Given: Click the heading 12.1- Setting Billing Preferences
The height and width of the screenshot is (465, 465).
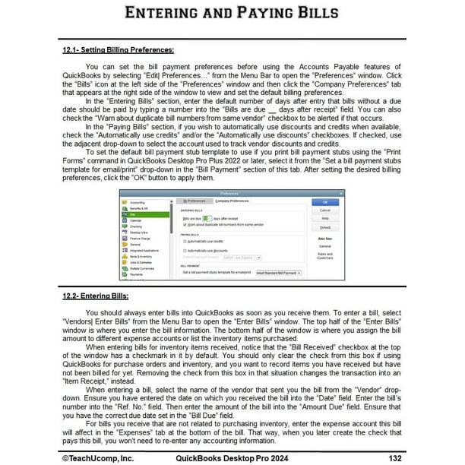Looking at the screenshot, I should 118,50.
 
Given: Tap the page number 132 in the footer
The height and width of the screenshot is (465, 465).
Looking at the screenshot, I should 394,457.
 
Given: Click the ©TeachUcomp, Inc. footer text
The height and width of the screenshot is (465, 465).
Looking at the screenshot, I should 98,457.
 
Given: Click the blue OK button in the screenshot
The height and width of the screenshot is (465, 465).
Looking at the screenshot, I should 324,202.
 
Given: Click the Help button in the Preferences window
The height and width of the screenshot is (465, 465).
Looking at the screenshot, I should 324,218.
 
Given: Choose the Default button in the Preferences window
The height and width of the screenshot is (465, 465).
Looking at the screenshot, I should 324,227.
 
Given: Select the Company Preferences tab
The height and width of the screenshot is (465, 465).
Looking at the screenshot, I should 232,201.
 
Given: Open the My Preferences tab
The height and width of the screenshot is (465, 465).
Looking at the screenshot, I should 196,201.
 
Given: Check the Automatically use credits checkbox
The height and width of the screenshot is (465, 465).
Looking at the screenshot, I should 185,242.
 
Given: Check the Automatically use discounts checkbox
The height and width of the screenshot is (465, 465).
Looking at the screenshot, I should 185,250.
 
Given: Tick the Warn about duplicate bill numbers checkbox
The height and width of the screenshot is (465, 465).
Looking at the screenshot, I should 185,224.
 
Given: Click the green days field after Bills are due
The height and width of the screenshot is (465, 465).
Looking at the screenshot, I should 206,218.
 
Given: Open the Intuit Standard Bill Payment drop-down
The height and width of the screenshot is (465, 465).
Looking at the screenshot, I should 279,271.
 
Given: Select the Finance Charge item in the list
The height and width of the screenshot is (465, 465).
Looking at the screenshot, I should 142,239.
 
